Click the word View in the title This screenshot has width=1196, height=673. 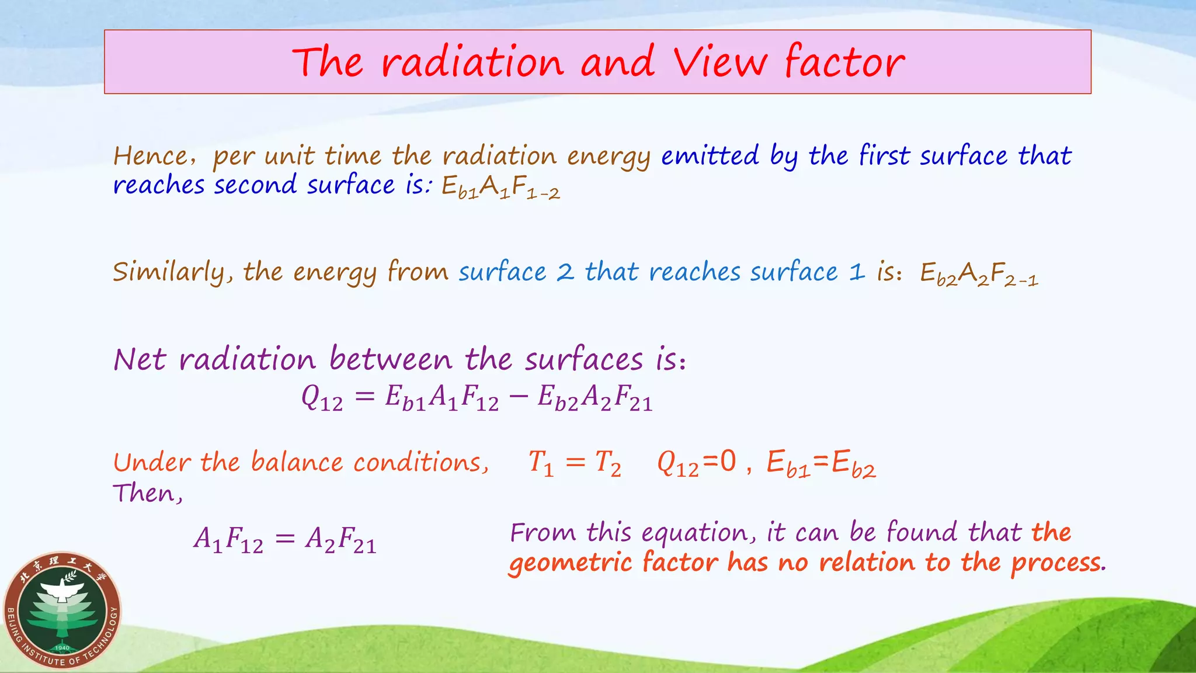click(x=719, y=61)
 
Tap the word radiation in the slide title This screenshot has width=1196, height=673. click(x=472, y=63)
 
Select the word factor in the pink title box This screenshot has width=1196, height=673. click(x=844, y=61)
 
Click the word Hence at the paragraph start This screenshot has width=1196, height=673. click(x=151, y=156)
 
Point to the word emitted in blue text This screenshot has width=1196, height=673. click(x=710, y=156)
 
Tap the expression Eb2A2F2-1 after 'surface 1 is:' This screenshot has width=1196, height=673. click(x=979, y=274)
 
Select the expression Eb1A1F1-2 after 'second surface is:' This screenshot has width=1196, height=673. click(x=500, y=187)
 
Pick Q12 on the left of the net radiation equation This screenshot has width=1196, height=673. click(x=322, y=398)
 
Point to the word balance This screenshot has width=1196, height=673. click(x=297, y=463)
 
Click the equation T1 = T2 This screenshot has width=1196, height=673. click(x=574, y=464)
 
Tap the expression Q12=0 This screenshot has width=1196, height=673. click(x=696, y=464)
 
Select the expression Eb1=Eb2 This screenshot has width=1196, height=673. click(x=821, y=464)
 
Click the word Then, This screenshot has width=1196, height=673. click(x=148, y=494)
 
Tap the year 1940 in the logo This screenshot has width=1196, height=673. click(x=62, y=647)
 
